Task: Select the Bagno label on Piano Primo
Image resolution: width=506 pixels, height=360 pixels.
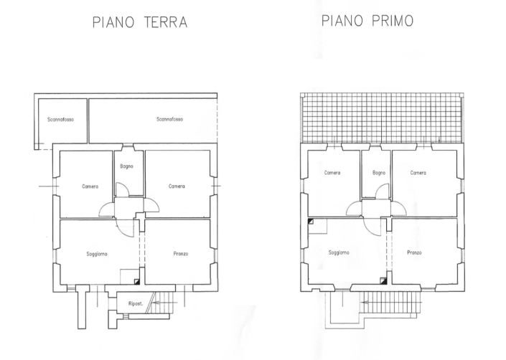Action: (379, 173)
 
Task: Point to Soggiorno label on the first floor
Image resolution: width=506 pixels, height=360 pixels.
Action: (339, 252)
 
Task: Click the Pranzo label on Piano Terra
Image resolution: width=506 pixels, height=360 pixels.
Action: (181, 254)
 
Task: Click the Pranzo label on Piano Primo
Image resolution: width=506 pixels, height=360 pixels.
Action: (414, 252)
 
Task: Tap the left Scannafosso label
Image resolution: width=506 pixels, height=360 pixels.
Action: (60, 120)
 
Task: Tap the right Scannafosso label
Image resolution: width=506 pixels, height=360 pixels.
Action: (169, 120)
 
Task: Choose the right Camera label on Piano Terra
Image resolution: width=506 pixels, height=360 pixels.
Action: (177, 186)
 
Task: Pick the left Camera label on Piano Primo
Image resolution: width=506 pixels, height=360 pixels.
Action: (332, 173)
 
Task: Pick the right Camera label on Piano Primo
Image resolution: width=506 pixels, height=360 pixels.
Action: (418, 173)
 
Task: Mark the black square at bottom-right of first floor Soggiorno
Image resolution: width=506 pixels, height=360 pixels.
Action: (383, 280)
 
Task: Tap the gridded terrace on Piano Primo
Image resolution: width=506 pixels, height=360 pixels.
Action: (380, 118)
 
